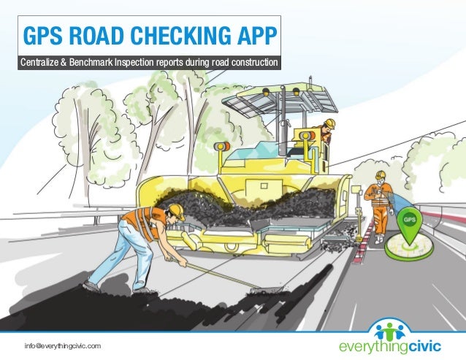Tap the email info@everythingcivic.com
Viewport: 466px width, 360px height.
click(x=62, y=344)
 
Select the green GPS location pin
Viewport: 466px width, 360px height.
click(x=410, y=222)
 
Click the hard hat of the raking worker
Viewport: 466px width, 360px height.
click(x=176, y=211)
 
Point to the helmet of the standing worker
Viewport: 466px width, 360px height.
click(x=380, y=175)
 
